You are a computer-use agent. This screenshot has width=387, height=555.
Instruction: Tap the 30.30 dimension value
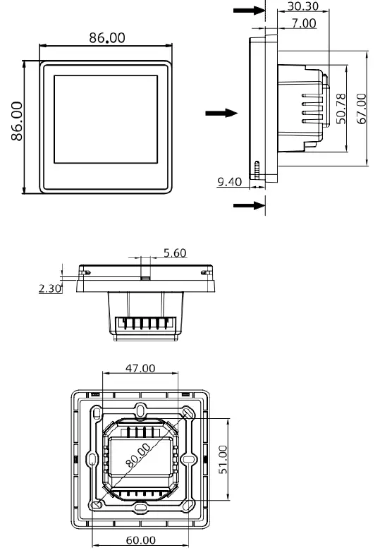pyautogui.click(x=304, y=7)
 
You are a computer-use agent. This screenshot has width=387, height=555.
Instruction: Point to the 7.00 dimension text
pyautogui.click(x=303, y=23)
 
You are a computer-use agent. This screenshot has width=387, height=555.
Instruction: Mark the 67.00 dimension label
pyautogui.click(x=362, y=108)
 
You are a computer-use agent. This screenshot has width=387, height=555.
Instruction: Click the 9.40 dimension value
pyautogui.click(x=230, y=182)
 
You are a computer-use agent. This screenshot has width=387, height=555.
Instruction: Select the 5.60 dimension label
pyautogui.click(x=174, y=253)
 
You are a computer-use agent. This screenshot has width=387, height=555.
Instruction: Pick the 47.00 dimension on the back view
pyautogui.click(x=141, y=368)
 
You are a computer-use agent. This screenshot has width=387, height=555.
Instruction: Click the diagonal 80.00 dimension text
pyautogui.click(x=140, y=458)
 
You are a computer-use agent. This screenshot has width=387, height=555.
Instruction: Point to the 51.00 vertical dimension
pyautogui.click(x=223, y=459)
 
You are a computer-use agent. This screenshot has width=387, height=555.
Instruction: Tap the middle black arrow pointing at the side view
pyautogui.click(x=216, y=113)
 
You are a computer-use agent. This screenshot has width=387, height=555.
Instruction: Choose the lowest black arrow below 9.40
pyautogui.click(x=246, y=205)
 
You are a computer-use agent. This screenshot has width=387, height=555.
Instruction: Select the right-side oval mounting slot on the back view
pyautogui.click(x=189, y=458)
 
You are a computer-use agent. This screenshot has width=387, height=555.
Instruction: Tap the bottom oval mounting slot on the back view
pyautogui.click(x=141, y=506)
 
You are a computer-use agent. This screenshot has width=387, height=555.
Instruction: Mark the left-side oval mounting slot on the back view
pyautogui.click(x=93, y=458)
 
